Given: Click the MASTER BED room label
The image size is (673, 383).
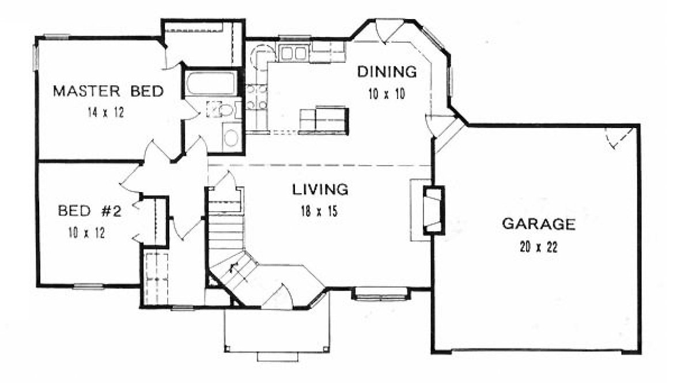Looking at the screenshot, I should coord(108,91).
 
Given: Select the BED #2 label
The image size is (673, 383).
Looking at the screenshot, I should coord(89,211).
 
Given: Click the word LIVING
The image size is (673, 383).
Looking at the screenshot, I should coord(320,189).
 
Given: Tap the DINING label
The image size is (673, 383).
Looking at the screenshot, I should coord(387,72).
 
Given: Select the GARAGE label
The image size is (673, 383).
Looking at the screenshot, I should coord(539,224).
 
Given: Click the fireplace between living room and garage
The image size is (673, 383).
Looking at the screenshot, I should coord(433,211).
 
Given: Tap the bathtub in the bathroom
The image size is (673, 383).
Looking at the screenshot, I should coord(210,84).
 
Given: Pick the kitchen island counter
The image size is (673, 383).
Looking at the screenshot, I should coord(324,120).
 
